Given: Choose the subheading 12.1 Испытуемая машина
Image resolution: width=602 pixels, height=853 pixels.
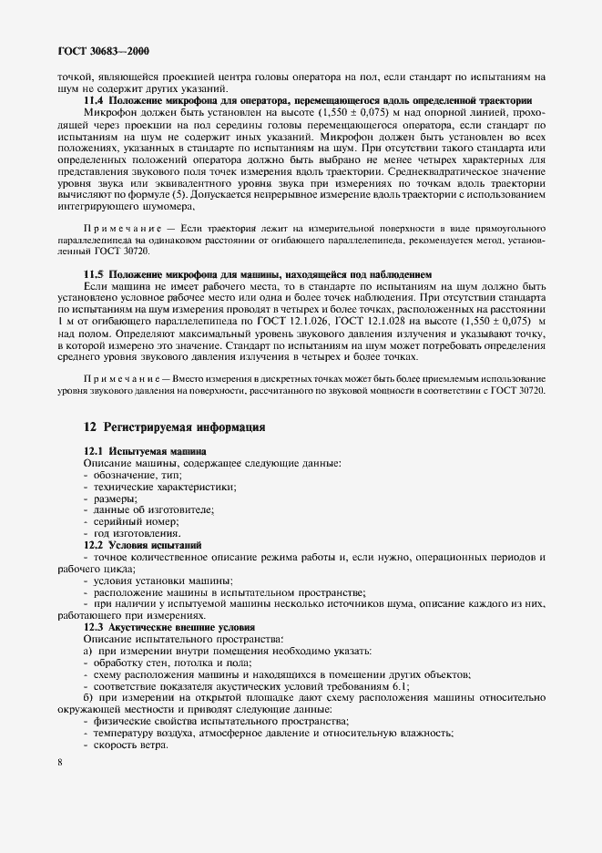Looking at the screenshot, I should click(x=145, y=451).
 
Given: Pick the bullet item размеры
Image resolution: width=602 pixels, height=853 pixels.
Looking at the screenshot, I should click(x=114, y=498).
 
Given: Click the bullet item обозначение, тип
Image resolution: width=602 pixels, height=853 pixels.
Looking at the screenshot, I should click(x=136, y=475).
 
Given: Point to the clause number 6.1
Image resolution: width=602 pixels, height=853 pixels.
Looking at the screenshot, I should click(x=398, y=686).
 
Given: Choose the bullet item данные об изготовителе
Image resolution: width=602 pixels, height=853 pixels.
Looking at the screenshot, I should click(x=149, y=510).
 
